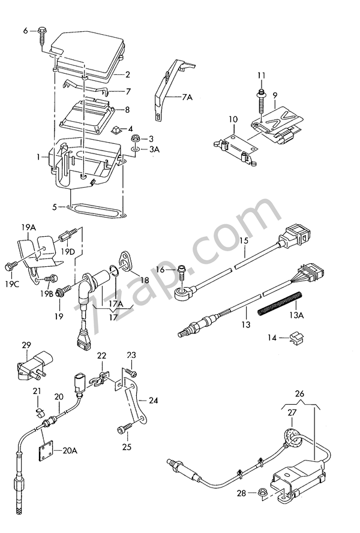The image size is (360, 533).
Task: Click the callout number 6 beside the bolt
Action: coord(26,31)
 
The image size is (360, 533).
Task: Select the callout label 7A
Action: coord(187,97)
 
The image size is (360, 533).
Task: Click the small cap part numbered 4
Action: coord(117,130)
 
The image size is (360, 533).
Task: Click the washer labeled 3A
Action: coord(135,149)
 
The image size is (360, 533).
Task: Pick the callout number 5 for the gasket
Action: coord(55,207)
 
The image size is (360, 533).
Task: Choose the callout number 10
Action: coord(233,120)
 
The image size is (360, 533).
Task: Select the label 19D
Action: coord(68,252)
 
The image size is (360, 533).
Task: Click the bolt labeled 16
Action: coord(182,271)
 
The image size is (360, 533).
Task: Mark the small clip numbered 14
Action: coord(296,337)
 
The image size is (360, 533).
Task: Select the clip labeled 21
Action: coord(40,412)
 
